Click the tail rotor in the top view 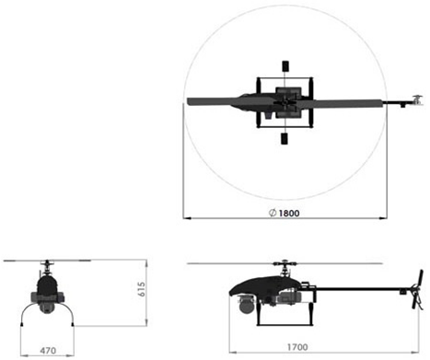[416, 99]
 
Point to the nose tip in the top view [189, 101]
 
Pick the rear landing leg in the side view [310, 318]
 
